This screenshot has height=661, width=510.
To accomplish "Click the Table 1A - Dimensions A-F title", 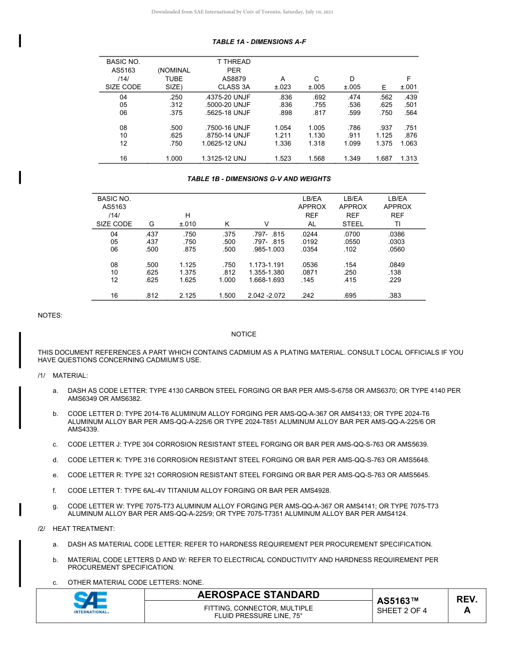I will point(259,41).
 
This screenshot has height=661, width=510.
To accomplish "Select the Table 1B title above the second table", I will point(259,178).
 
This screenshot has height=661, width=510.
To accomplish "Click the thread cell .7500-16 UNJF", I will point(228,128).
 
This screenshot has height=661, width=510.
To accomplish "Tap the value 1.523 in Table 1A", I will point(282,159).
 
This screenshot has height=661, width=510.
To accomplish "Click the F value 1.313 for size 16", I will point(409,159).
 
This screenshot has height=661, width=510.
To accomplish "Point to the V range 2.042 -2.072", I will point(266,296).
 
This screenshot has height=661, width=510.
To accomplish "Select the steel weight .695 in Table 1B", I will point(350,296).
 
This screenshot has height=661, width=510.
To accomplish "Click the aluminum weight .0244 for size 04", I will point(309,234).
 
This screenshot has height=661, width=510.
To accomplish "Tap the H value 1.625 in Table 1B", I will point(187,280).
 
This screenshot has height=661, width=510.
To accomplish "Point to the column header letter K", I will point(227,224).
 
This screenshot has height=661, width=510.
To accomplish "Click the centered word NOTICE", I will point(244,334).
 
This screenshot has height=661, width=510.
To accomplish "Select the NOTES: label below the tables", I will point(50,315).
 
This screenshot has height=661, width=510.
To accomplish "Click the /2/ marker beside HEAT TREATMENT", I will point(41,529).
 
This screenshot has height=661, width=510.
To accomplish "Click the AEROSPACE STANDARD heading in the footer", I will point(258,595).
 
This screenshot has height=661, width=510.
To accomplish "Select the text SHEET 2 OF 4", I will point(402,610).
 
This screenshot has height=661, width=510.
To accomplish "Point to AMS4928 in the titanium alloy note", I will point(314,490).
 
